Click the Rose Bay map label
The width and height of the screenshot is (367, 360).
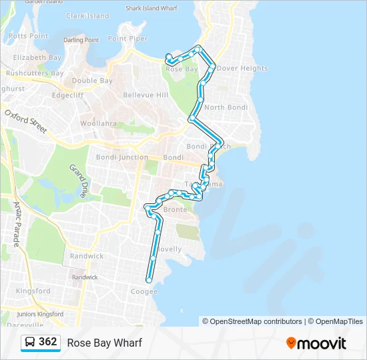(181, 69)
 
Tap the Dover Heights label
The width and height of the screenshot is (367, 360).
(242, 68)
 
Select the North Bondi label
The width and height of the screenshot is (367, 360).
(226, 107)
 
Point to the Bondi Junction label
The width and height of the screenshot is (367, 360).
(122, 157)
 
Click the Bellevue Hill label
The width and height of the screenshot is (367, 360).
(145, 95)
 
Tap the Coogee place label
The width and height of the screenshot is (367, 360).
(144, 291)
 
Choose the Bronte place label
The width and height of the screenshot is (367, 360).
(175, 209)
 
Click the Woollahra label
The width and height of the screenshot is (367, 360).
(98, 123)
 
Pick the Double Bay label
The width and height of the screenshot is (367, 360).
(92, 81)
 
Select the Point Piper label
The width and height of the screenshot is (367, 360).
(127, 39)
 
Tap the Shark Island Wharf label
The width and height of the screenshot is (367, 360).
(153, 9)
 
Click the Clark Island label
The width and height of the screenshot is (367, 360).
(87, 16)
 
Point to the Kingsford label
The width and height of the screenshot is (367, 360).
(33, 291)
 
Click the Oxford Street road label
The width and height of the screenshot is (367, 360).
(25, 121)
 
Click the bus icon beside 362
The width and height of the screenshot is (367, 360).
(30, 343)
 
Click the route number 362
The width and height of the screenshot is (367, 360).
(48, 342)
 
